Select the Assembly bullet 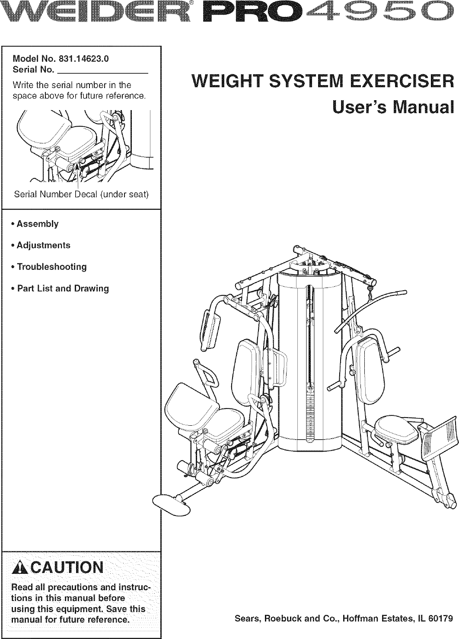point(37,224)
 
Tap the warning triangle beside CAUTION point(20,566)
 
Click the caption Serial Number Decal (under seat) point(81,194)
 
